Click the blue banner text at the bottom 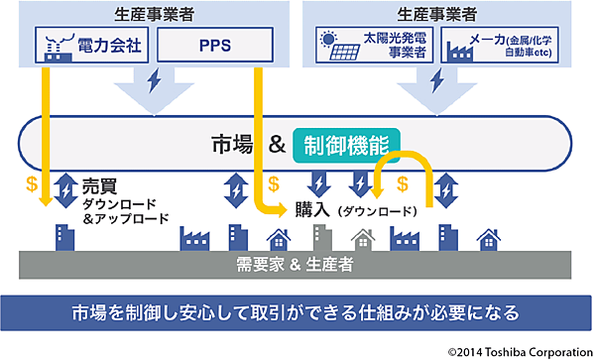click(x=296, y=312)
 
